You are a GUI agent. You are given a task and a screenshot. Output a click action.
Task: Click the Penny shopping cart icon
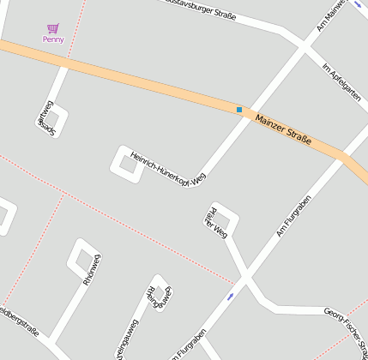(53, 28)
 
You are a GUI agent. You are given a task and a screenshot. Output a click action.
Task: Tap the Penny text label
(53, 39)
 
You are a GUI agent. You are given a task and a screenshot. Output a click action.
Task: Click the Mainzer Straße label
(283, 128)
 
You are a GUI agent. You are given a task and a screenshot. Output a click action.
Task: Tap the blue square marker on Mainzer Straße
(239, 110)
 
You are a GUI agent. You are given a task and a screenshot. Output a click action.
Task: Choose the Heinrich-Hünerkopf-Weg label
(168, 168)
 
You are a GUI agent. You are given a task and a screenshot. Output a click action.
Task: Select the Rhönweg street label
(92, 269)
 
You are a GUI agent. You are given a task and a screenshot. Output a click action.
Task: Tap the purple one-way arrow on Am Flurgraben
(231, 296)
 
